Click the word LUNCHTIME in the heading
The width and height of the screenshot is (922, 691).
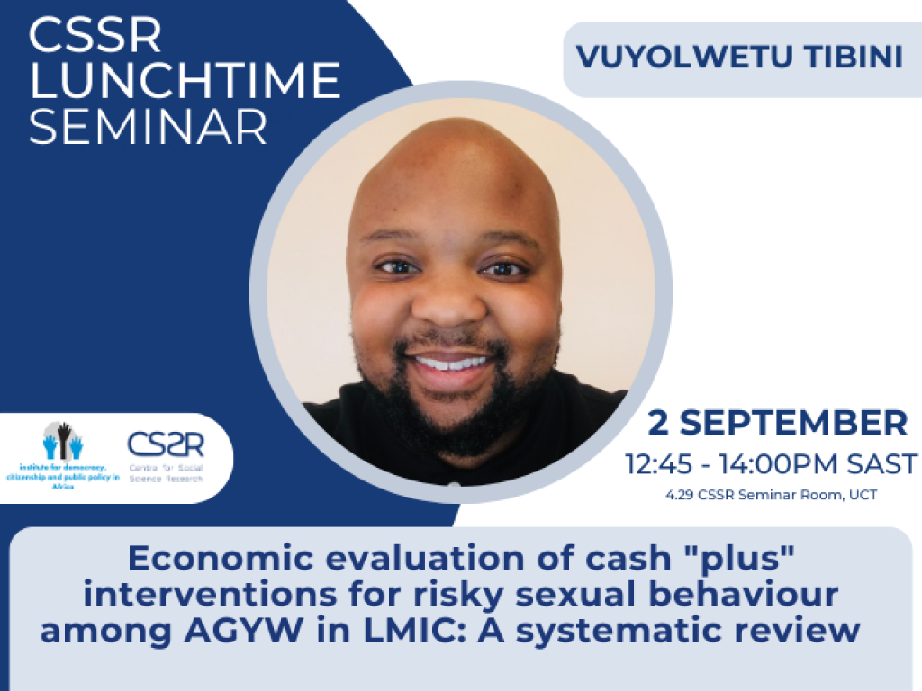coord(185,81)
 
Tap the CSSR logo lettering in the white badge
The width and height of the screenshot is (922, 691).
coord(166,444)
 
